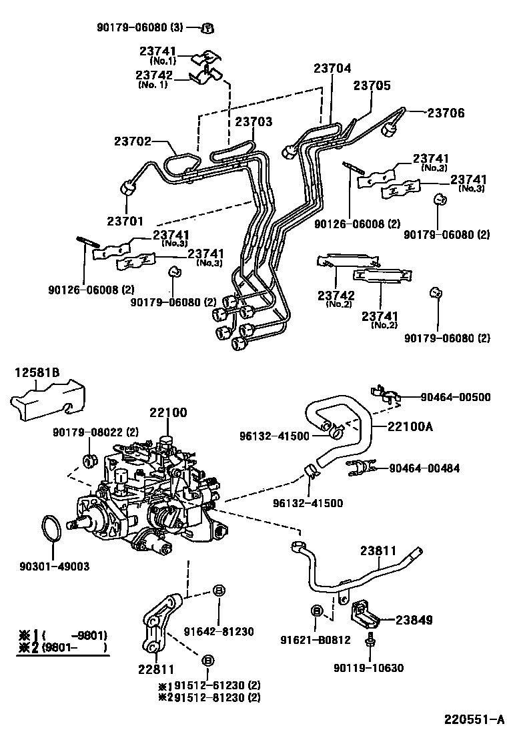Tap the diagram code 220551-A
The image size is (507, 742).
pyautogui.click(x=474, y=720)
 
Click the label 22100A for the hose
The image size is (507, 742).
pyautogui.click(x=410, y=426)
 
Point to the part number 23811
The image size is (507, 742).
pyautogui.click(x=378, y=550)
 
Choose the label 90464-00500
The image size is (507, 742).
pyautogui.click(x=456, y=397)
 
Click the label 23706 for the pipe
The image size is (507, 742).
pyautogui.click(x=446, y=113)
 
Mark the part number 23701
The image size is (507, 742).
pyautogui.click(x=125, y=220)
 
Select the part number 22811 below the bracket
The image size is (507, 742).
pyautogui.click(x=156, y=669)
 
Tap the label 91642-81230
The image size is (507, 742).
pyautogui.click(x=219, y=631)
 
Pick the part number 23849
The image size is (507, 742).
pyautogui.click(x=414, y=619)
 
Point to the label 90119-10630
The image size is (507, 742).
pyautogui.click(x=369, y=668)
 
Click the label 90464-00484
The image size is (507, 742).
pyautogui.click(x=425, y=468)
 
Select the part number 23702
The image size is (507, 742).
pyautogui.click(x=133, y=141)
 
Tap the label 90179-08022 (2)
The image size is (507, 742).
pyautogui.click(x=96, y=432)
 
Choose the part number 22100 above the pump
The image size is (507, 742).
pyautogui.click(x=168, y=412)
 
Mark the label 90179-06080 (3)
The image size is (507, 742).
pyautogui.click(x=139, y=27)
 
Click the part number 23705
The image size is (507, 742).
pyautogui.click(x=372, y=85)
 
